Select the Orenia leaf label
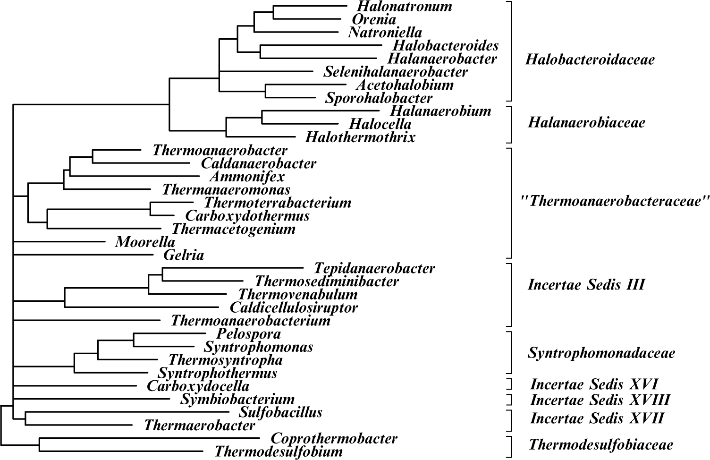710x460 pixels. click(374, 20)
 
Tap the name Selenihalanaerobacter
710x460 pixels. click(395, 72)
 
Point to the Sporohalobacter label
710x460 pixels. click(379, 98)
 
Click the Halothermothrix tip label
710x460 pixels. click(360, 137)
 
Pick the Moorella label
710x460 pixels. click(145, 242)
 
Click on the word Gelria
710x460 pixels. click(184, 256)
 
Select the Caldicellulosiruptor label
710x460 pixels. click(294, 308)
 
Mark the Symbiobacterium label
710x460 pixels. click(237, 400)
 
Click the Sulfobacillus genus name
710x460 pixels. click(280, 412)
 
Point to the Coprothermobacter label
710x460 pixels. click(334, 439)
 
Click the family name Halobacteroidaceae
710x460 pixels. click(590, 60)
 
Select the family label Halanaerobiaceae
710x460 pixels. click(586, 123)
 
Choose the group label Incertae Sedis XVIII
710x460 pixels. click(600, 400)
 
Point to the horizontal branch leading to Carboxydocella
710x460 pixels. click(76, 386)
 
